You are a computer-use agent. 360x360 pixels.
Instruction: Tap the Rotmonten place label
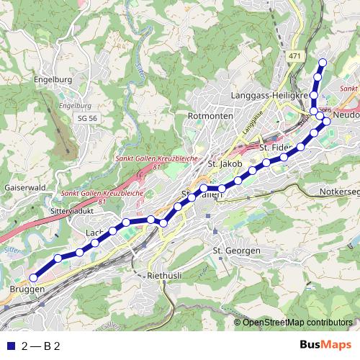point(207,115)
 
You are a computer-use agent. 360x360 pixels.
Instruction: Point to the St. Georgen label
point(235,250)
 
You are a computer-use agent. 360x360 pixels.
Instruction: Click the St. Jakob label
point(222,164)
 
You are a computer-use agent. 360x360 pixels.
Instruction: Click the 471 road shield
point(293,55)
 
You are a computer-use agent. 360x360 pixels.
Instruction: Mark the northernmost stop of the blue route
point(323,63)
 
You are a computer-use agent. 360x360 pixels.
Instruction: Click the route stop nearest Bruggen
point(32,277)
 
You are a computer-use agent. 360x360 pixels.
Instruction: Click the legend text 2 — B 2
point(40,346)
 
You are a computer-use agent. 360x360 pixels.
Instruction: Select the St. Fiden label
point(274,148)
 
